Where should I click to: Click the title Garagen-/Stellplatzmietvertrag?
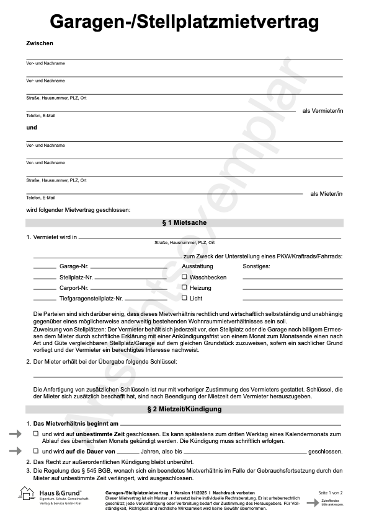184,22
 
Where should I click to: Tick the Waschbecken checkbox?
184,277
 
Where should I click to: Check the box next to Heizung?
184,287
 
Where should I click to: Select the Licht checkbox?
184,298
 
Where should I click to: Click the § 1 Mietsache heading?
184,222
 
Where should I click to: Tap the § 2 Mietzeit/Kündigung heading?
184,409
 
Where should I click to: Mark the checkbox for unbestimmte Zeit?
35,434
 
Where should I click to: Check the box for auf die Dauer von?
35,451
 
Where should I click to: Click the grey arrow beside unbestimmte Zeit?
14,435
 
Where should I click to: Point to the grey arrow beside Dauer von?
14,452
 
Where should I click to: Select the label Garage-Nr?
74,266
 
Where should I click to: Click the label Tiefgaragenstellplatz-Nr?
91,299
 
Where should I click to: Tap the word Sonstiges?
256,266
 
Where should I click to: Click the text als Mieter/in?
326,194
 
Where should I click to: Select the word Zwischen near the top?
40,43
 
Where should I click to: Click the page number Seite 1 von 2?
330,493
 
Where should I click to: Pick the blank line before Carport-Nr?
44,289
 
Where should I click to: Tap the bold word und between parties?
32,128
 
